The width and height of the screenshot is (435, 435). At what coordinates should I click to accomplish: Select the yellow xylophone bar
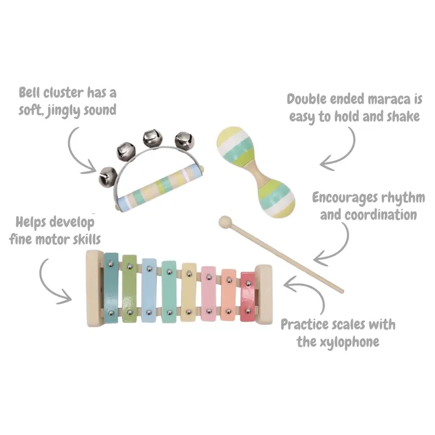(x=189, y=293)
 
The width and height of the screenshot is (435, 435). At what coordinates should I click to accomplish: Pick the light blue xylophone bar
(x=150, y=289)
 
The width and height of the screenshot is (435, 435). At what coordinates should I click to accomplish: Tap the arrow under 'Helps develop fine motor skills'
(x=54, y=280)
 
